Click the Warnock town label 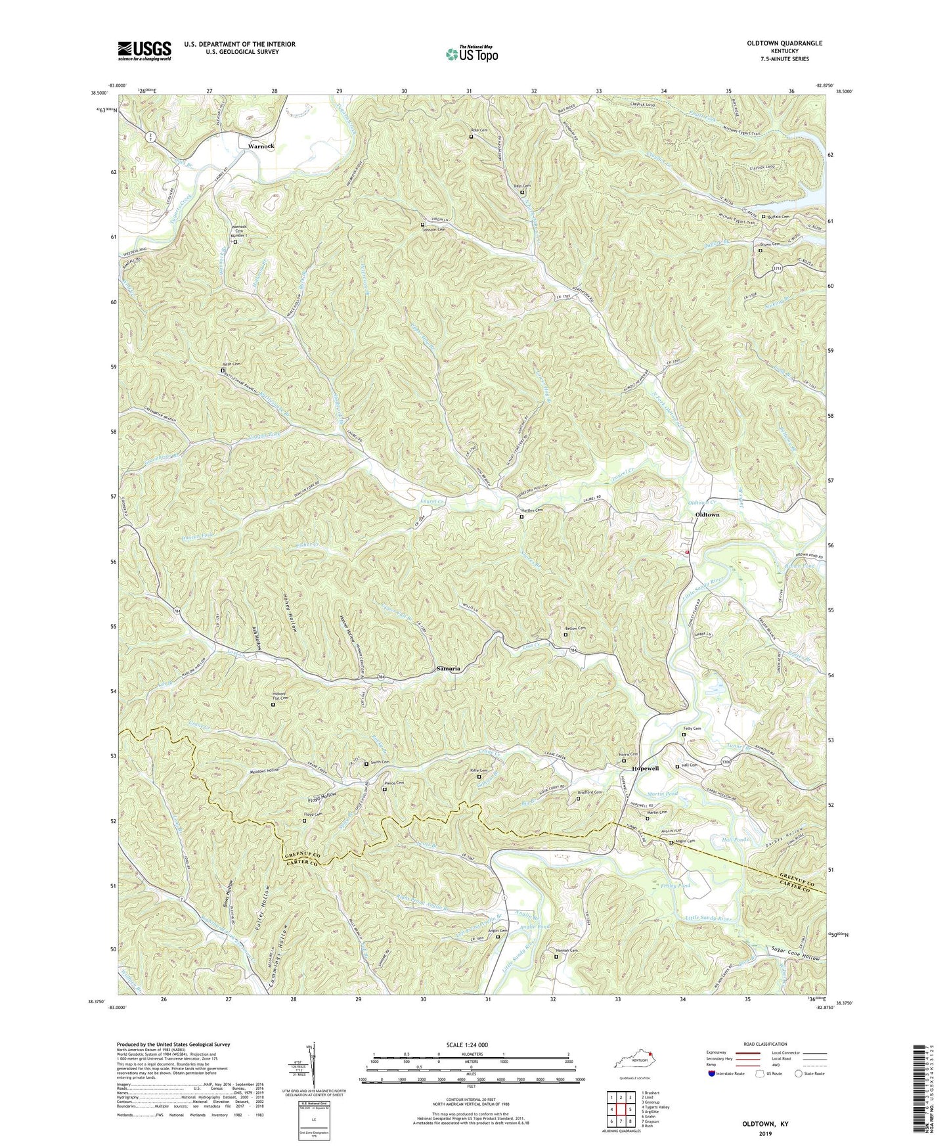coord(260,146)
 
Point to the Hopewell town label coord(645,768)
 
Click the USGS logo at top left coord(144,51)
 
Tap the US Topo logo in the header coord(472,54)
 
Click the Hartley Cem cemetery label coord(531,510)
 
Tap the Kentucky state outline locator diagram coord(634,1062)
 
